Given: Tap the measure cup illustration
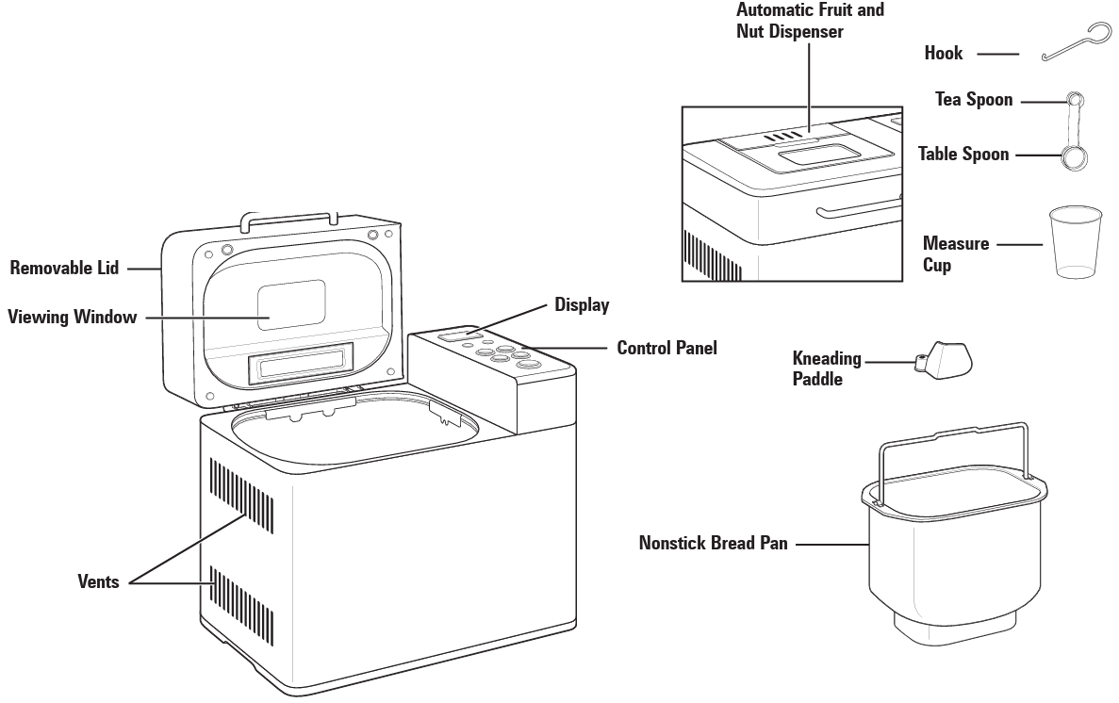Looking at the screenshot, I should [x=1075, y=242].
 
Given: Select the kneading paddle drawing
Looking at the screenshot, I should [x=945, y=359].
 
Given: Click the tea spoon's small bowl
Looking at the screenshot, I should [x=1075, y=98].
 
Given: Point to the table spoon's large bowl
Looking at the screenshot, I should [x=1073, y=158].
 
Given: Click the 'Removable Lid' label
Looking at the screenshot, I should [x=64, y=268].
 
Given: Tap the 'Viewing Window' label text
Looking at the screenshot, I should [x=72, y=317].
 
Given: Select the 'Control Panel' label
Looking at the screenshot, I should [x=666, y=348].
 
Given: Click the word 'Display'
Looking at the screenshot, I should [x=582, y=305].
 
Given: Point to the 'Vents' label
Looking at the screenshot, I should [x=98, y=581].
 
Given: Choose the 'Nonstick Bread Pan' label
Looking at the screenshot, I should [x=713, y=543].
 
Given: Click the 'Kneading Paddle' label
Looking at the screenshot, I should [x=827, y=368].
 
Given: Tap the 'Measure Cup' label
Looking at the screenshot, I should [x=956, y=254].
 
